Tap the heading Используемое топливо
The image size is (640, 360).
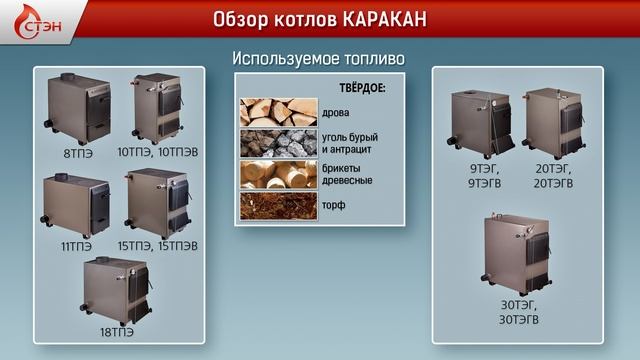(x=318, y=58)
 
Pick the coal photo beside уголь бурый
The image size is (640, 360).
(x=277, y=144)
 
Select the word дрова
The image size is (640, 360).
(x=336, y=113)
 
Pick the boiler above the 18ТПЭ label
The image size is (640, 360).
(x=118, y=289)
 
